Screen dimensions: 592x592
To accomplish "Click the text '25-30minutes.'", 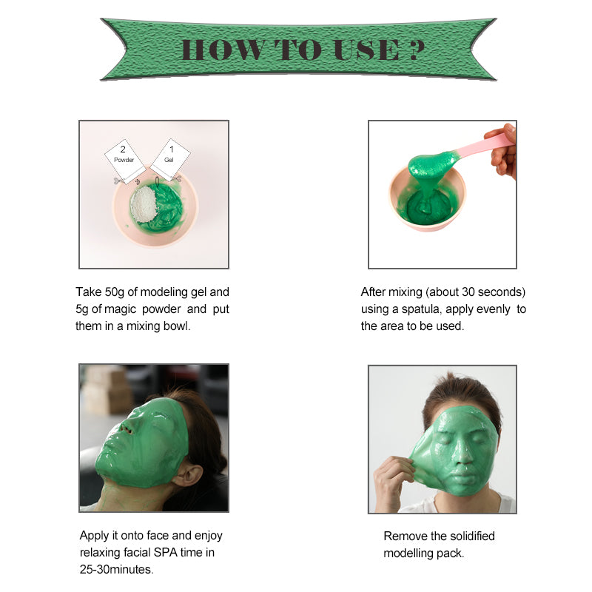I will click(x=117, y=569).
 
